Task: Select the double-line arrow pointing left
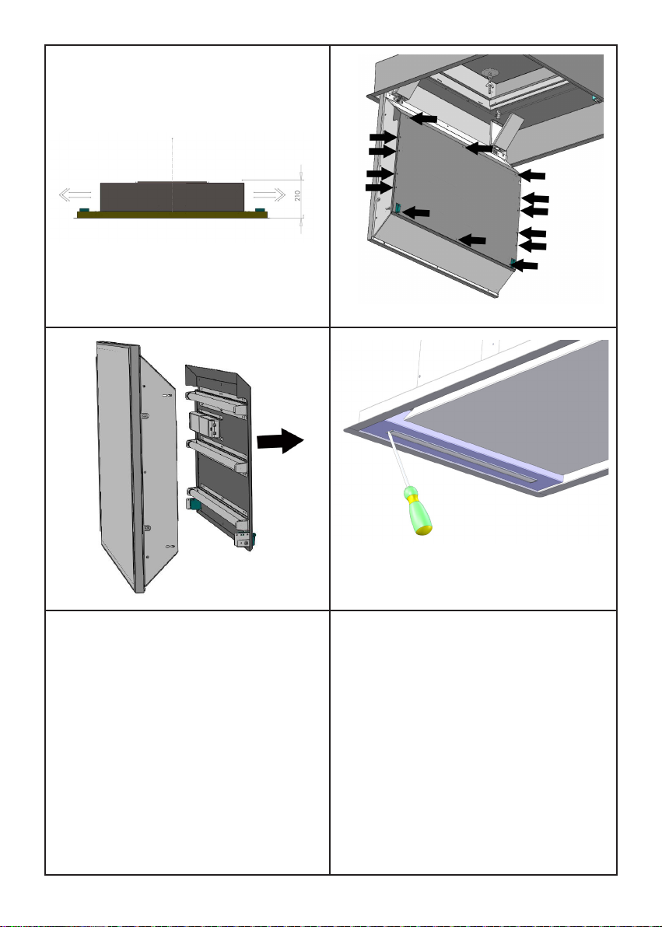[x=75, y=194]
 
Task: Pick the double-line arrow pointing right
[x=269, y=194]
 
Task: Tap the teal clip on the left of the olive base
[x=84, y=210]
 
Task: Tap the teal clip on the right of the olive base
[x=259, y=210]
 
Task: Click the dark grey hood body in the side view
[x=172, y=197]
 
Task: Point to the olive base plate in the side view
[x=172, y=215]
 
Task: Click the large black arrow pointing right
[x=280, y=441]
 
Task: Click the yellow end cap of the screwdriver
[x=424, y=530]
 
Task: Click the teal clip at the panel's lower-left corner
[x=399, y=208]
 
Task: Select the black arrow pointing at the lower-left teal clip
[x=416, y=213]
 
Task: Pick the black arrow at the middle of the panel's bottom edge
[x=472, y=240]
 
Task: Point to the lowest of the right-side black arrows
[x=524, y=265]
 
